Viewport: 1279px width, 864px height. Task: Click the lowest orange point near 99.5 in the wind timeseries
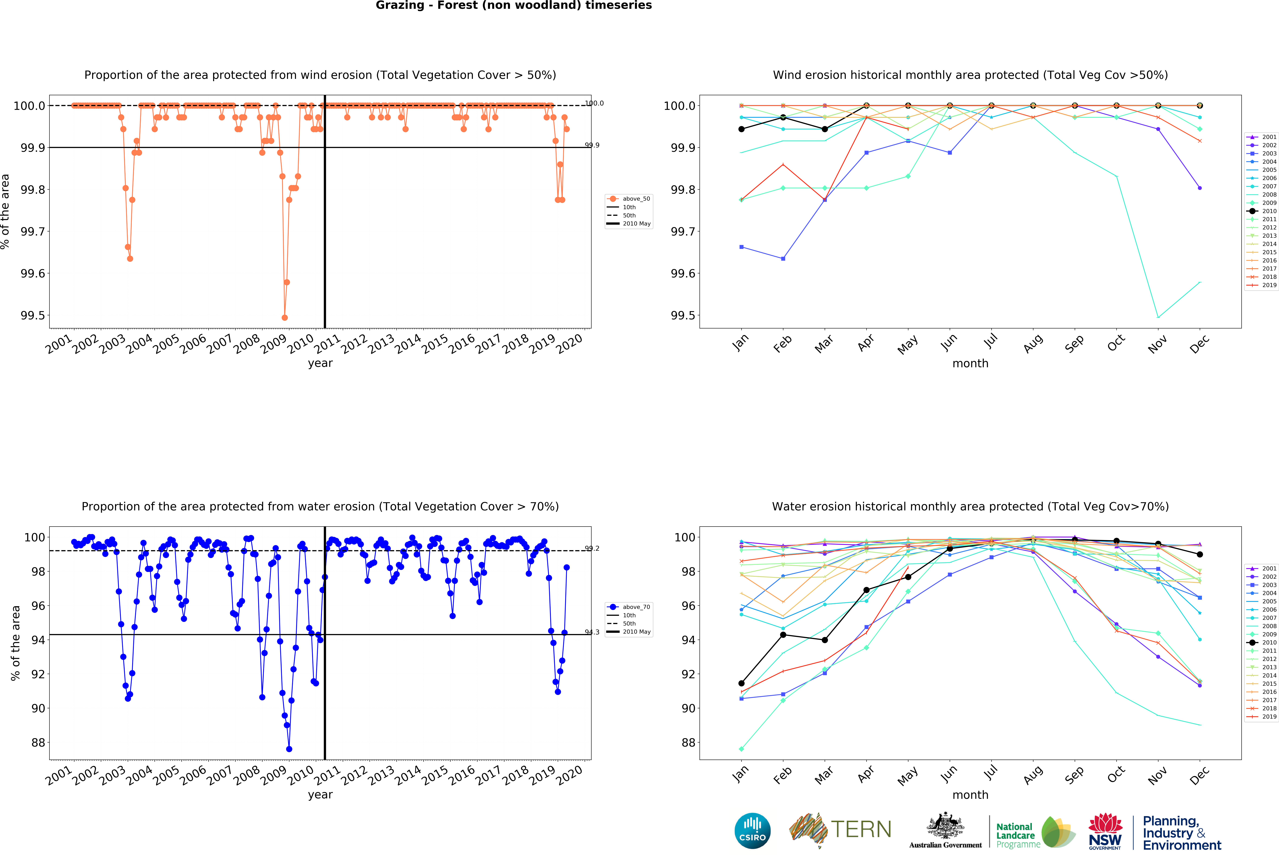click(285, 317)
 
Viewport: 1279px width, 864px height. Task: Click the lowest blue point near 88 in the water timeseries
click(289, 749)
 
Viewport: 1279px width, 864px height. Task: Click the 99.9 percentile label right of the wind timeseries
click(592, 145)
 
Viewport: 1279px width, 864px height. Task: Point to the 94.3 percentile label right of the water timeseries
click(592, 632)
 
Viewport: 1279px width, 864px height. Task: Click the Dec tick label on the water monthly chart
click(1199, 775)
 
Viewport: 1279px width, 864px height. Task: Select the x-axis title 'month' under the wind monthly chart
click(970, 363)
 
